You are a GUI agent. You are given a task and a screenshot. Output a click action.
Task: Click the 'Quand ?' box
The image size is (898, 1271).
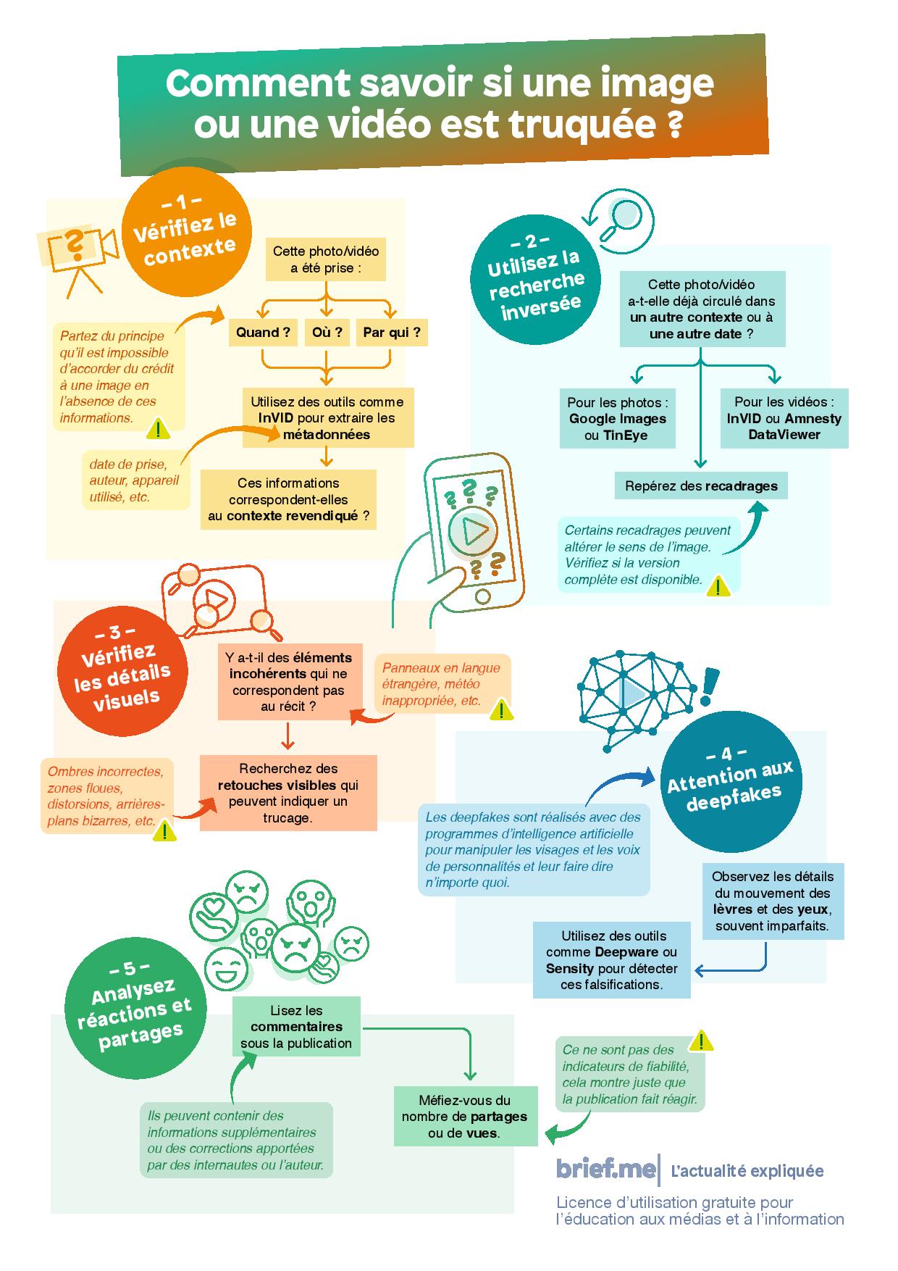click(263, 333)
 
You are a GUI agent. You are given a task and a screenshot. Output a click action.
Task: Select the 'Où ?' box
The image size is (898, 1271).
click(327, 333)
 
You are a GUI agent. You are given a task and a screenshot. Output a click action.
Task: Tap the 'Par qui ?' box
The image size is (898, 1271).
click(392, 333)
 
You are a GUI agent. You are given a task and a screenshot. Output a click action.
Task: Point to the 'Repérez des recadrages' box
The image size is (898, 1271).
click(701, 486)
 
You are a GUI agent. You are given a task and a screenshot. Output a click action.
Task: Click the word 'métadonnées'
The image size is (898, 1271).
click(327, 435)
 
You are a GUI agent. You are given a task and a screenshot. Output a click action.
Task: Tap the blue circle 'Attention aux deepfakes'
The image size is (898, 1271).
click(729, 780)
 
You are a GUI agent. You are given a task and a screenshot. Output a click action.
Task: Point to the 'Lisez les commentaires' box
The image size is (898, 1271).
click(296, 1027)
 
